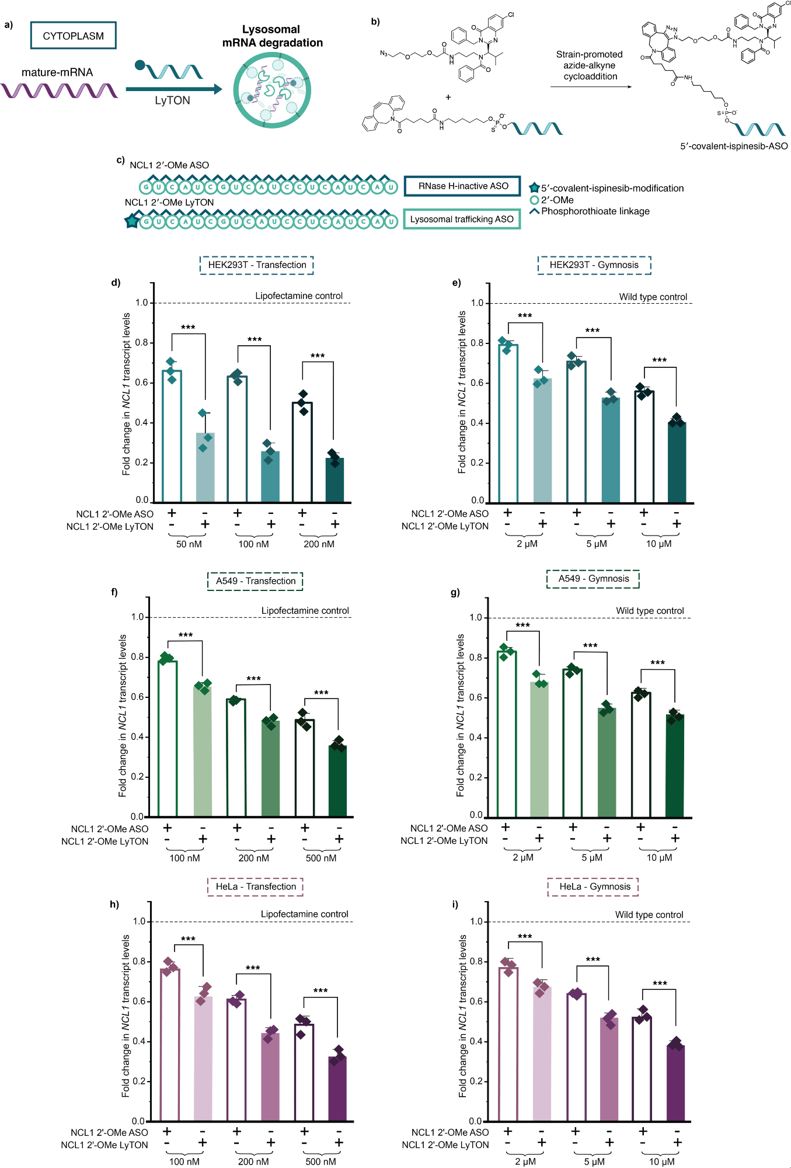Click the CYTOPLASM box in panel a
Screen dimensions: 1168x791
[73, 36]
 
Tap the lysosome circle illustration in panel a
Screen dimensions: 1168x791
[272, 90]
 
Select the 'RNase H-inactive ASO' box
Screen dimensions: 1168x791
[462, 186]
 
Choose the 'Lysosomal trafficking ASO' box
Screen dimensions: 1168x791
[462, 219]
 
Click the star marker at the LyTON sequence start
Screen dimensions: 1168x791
[132, 221]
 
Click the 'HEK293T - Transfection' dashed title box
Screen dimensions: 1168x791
[257, 265]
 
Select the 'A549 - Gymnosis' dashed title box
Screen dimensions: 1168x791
[593, 579]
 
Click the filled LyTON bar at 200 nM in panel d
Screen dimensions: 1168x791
[334, 480]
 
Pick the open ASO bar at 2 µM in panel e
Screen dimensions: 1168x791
[508, 423]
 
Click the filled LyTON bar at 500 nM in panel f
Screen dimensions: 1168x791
[338, 781]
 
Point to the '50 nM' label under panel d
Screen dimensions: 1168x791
[189, 544]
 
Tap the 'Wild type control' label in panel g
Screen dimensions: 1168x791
[650, 611]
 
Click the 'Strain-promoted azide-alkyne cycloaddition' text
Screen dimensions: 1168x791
[590, 65]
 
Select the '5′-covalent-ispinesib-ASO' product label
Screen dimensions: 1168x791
[734, 146]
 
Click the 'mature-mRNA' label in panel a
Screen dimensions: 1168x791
[57, 72]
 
